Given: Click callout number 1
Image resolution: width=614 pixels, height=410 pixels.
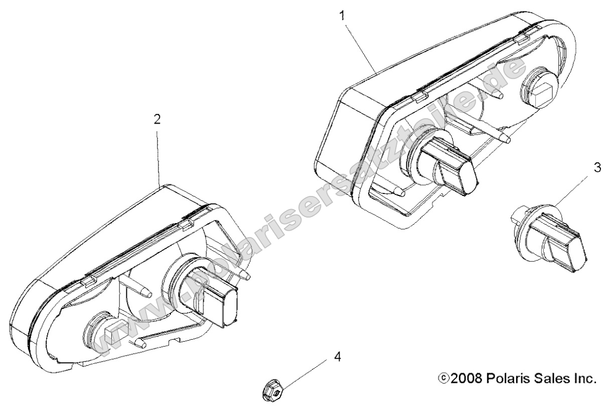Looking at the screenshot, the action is pyautogui.click(x=342, y=16).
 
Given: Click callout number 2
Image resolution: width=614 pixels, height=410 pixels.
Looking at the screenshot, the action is pyautogui.click(x=157, y=119).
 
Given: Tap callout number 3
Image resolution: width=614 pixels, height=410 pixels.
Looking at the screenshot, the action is pyautogui.click(x=597, y=167).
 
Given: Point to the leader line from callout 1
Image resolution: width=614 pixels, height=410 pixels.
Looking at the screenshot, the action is pyautogui.click(x=361, y=48).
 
